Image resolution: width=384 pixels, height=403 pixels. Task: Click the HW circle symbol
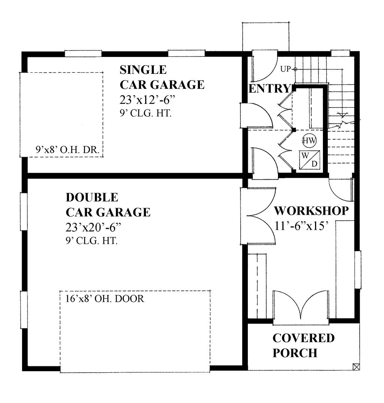(x=310, y=141)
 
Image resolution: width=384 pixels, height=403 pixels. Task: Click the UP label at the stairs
(x=286, y=69)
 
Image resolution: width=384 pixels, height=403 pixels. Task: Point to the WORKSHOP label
(x=311, y=211)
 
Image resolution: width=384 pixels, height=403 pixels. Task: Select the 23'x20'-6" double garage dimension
(x=94, y=227)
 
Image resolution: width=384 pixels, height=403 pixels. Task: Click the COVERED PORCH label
(x=303, y=345)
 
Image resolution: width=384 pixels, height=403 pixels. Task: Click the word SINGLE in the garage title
(x=143, y=70)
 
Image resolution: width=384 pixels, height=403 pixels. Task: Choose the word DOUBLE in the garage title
(x=92, y=197)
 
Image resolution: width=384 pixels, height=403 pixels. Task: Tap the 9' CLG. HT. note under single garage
(x=146, y=114)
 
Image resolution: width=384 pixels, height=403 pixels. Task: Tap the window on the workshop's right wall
(x=358, y=270)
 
